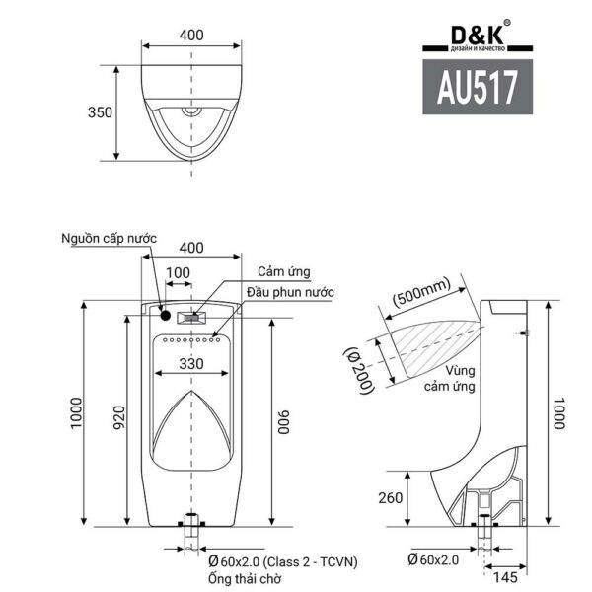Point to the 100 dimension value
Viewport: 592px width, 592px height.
tap(178, 271)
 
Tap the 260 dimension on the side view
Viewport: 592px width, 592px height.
tap(391, 497)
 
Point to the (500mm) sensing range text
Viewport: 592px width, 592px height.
tap(420, 291)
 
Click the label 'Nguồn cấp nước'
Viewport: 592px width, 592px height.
tap(109, 239)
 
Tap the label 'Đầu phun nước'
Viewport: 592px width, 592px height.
tap(290, 293)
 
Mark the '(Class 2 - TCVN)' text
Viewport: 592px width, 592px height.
tap(301, 561)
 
